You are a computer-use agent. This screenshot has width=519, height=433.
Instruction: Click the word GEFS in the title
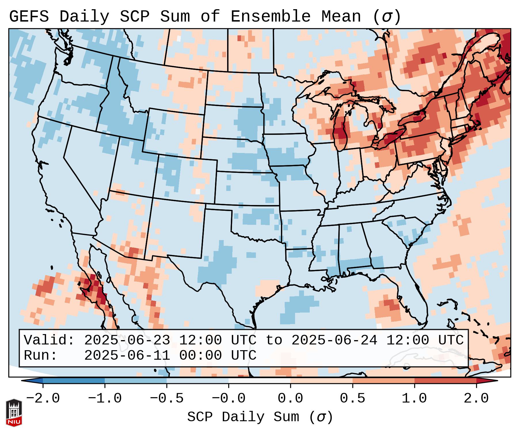(x=29, y=17)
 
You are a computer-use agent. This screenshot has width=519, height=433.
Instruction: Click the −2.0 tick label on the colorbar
(x=43, y=398)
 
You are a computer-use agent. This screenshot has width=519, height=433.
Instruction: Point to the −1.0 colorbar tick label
(x=105, y=398)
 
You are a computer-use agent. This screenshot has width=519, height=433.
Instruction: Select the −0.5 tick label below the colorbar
(x=167, y=398)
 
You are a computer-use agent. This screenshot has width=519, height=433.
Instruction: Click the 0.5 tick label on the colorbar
(x=352, y=398)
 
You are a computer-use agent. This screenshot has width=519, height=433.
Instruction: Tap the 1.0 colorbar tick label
(x=414, y=398)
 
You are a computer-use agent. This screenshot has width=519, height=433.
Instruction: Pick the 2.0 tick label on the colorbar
(x=476, y=398)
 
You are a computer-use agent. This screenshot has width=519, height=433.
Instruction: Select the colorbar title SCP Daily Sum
(x=243, y=417)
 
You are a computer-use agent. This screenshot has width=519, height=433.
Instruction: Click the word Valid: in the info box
(x=49, y=340)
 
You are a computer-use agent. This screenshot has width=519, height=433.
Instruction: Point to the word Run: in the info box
(x=41, y=355)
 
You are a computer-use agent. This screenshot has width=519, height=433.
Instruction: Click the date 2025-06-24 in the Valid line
(x=334, y=340)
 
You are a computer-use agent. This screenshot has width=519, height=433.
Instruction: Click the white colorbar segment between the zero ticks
(x=259, y=381)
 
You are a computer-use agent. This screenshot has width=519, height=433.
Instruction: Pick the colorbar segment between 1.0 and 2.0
(x=445, y=381)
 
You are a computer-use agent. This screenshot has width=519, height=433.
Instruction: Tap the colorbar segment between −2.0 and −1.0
(x=74, y=381)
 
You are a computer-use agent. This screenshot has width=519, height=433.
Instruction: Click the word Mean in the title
(x=341, y=17)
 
